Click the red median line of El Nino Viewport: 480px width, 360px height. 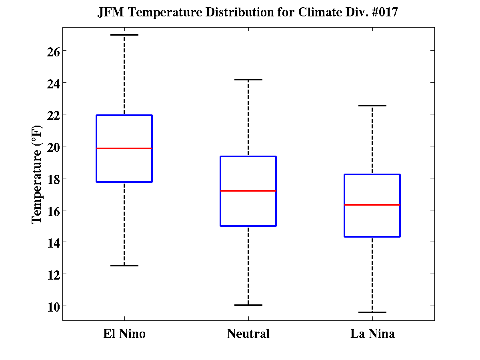124,148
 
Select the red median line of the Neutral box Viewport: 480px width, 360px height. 248,191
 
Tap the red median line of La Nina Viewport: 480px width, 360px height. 372,205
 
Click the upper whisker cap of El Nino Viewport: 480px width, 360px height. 124,35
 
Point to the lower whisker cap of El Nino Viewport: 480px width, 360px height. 124,266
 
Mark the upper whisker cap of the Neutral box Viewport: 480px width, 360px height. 248,80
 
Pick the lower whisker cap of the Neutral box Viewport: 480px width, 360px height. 248,305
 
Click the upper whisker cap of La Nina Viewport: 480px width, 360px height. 372,106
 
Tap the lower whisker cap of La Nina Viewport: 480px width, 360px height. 372,312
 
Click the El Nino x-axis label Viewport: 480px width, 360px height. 124,334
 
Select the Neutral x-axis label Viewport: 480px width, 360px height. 248,334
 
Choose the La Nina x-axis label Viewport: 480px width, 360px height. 372,334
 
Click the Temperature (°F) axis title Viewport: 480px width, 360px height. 37,174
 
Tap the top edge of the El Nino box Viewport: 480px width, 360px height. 124,115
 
